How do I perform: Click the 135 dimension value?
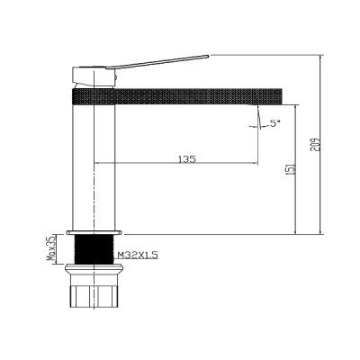187,159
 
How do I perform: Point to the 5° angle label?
273,122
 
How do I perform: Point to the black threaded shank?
94,249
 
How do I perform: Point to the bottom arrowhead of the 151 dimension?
296,233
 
